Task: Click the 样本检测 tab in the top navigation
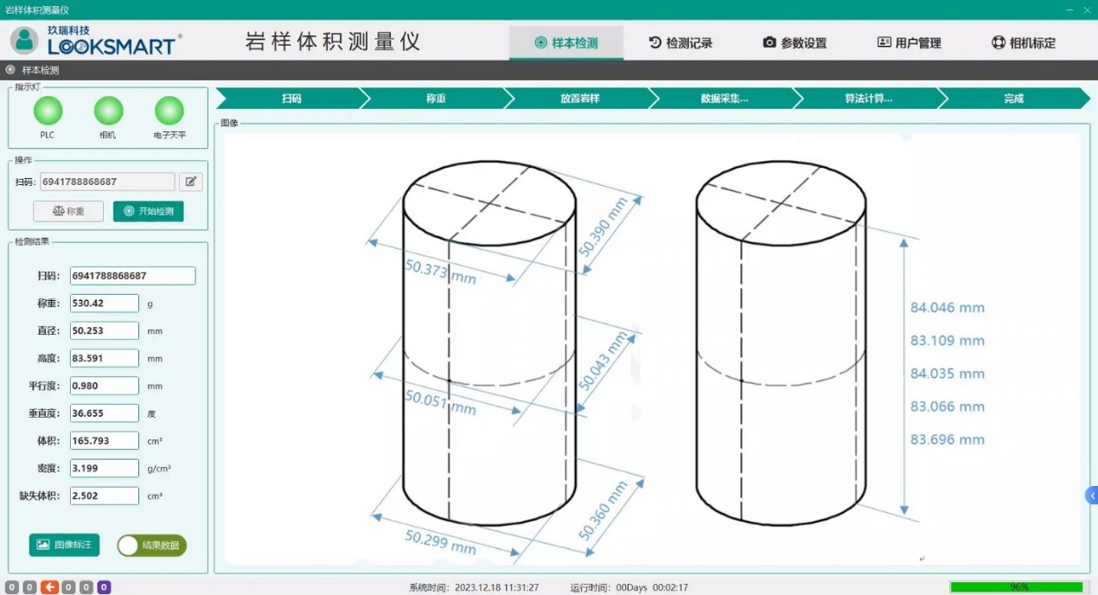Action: click(566, 43)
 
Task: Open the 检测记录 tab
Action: click(680, 43)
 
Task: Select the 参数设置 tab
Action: click(795, 43)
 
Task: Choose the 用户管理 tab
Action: click(909, 43)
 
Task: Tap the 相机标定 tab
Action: click(1023, 43)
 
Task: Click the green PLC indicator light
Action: click(48, 111)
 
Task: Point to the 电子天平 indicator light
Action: click(169, 111)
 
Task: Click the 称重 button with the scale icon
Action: click(68, 211)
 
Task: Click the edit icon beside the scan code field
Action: click(191, 182)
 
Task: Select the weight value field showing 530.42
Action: click(105, 304)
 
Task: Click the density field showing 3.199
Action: click(105, 468)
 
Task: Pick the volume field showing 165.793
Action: click(105, 440)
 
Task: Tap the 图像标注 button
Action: click(64, 545)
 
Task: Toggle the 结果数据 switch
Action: click(152, 546)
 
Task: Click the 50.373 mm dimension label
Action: click(440, 272)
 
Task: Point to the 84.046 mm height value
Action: click(947, 308)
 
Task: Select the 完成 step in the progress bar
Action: click(1013, 99)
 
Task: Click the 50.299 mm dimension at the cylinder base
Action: click(440, 542)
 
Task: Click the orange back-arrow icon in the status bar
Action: click(49, 587)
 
